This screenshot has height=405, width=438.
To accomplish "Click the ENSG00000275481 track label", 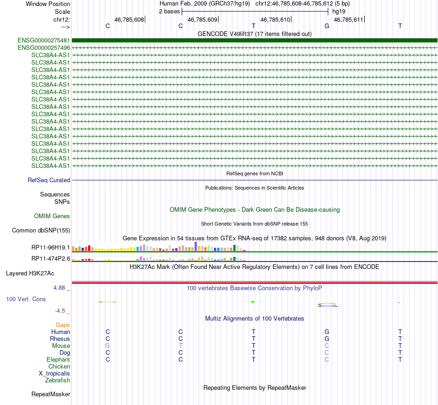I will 44,41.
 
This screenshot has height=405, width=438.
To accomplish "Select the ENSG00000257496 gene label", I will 44,48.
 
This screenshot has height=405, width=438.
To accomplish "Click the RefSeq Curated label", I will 48,180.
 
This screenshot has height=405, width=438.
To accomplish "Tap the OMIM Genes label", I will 52,216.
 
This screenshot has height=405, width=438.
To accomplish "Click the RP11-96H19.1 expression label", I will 51,248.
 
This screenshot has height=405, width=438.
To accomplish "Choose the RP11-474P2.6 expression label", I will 51,259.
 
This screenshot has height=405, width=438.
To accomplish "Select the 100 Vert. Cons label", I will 26,299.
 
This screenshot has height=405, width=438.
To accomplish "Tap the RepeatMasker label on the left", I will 51,394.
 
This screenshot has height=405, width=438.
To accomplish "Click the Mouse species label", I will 61,346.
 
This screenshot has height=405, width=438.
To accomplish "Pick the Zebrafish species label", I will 58,381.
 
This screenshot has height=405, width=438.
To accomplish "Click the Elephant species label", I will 59,360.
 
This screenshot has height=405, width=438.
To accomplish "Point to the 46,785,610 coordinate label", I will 275,20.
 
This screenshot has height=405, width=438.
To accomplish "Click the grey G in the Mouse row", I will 107,346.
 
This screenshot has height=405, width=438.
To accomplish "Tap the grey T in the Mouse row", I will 181,346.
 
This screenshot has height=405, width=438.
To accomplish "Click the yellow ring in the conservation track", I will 327,304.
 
